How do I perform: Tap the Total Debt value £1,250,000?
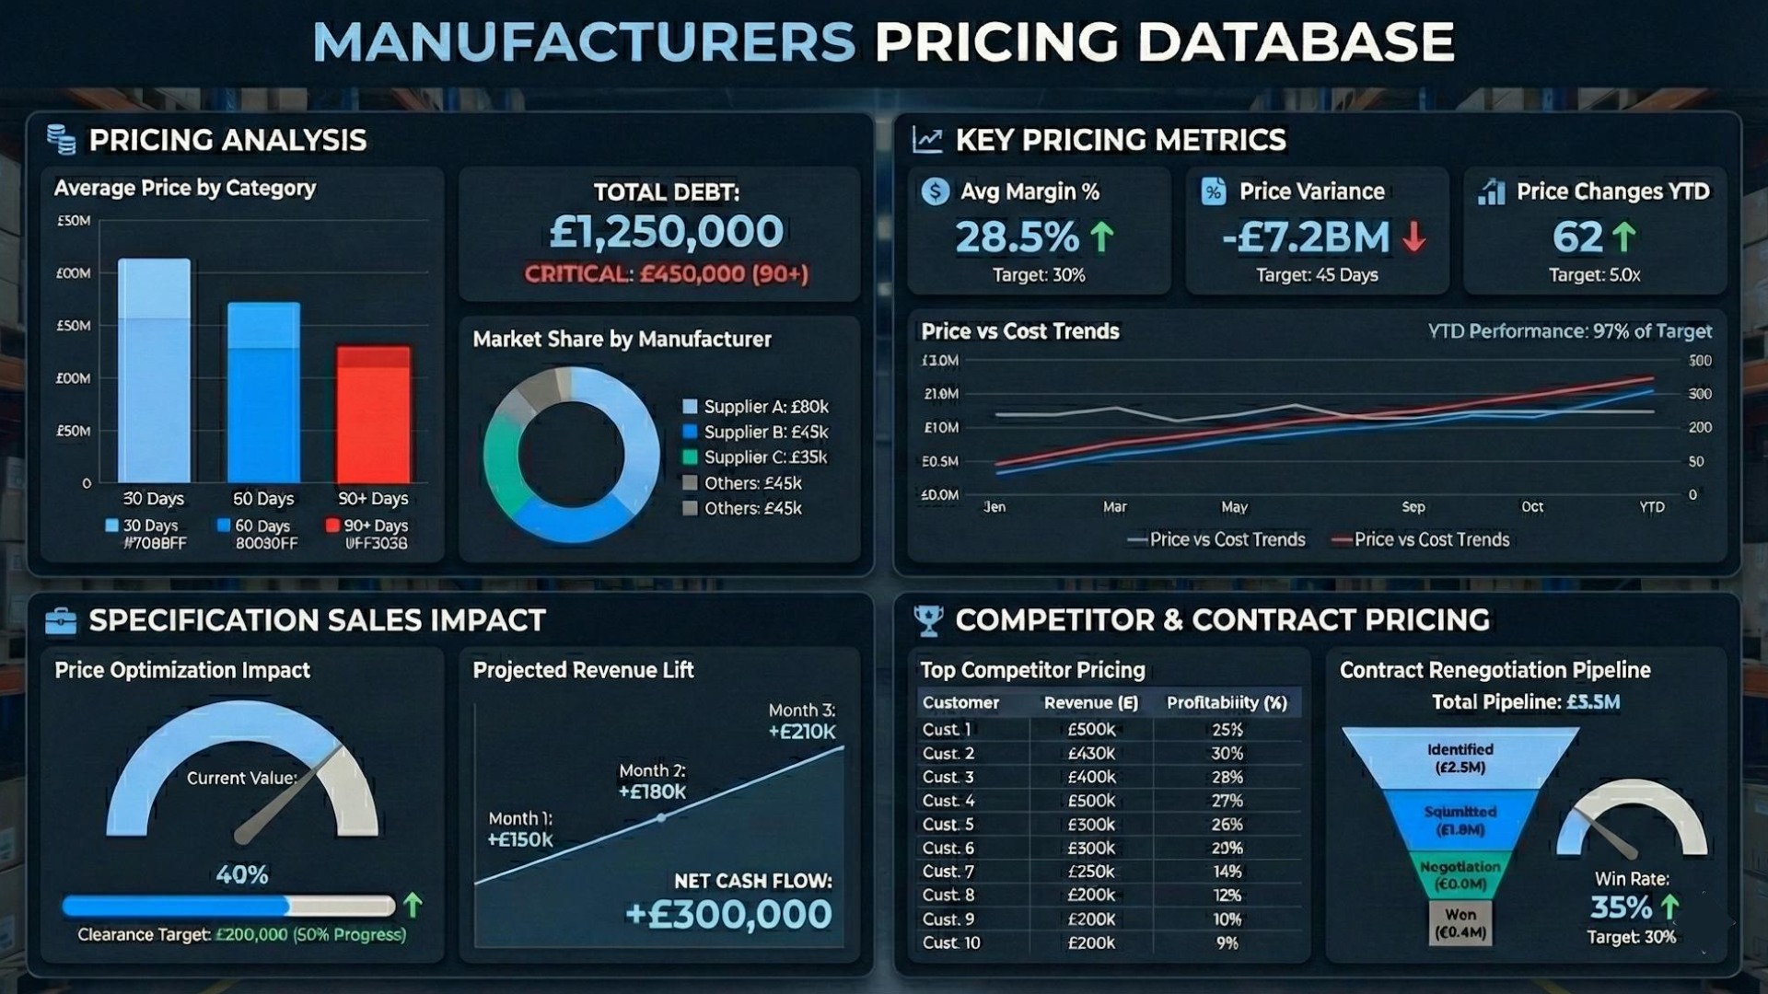pos(666,231)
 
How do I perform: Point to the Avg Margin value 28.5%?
pos(1016,237)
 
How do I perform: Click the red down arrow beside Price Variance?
pos(1414,237)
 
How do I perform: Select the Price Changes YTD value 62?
pos(1577,237)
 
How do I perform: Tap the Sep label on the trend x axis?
pos(1413,507)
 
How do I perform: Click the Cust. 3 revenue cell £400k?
pos(1090,777)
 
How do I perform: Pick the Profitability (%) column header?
pos(1227,703)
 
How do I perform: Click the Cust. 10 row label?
pos(951,942)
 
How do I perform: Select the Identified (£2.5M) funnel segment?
pos(1460,758)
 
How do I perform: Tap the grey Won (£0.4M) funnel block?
pos(1460,923)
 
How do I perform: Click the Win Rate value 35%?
pos(1621,907)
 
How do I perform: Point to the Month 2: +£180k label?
pos(652,781)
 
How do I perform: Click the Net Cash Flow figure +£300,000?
pos(727,915)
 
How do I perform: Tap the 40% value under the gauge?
pos(242,874)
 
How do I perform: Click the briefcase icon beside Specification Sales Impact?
pos(61,621)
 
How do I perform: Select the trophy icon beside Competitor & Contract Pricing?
pos(928,621)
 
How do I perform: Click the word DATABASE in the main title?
pos(1296,42)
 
